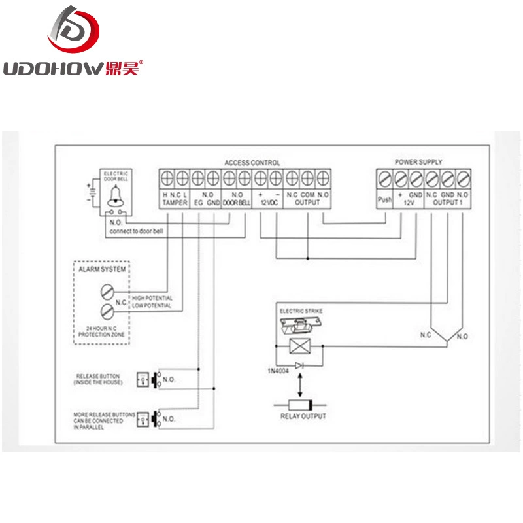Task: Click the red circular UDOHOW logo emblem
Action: (x=74, y=29)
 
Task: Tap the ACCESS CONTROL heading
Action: (x=252, y=163)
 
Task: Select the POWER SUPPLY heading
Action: (x=418, y=162)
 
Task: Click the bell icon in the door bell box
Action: (x=116, y=196)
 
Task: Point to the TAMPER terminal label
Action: (x=175, y=203)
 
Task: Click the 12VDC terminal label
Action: (x=269, y=203)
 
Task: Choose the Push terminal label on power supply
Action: (x=384, y=199)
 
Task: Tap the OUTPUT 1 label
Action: (x=448, y=203)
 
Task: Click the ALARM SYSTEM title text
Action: (x=102, y=269)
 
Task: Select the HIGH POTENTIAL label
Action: (x=152, y=298)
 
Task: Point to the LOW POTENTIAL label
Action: (x=152, y=305)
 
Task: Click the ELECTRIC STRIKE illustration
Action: (x=301, y=326)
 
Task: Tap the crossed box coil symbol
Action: (x=300, y=346)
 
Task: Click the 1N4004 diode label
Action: (x=278, y=371)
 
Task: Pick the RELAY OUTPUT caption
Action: (x=303, y=416)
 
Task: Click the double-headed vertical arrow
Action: (x=300, y=385)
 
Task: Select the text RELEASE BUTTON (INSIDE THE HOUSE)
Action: (x=98, y=379)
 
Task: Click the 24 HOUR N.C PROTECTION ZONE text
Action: (x=101, y=331)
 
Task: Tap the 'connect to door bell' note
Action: (x=137, y=231)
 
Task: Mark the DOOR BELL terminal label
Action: (x=237, y=203)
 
